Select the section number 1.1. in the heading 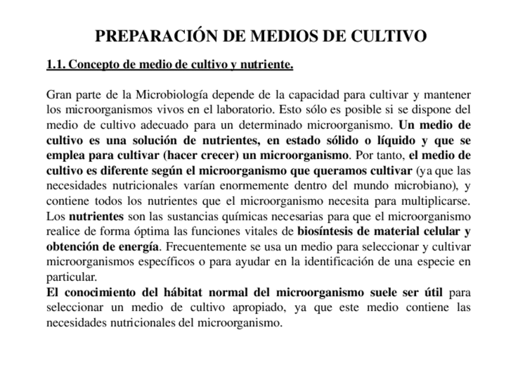56,65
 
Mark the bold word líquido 398,141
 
